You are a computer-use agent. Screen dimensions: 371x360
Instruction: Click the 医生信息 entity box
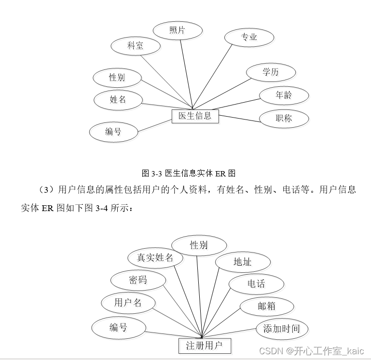point(195,116)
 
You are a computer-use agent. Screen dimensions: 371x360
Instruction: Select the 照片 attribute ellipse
point(177,30)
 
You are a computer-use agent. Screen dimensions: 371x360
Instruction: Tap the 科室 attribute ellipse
point(135,46)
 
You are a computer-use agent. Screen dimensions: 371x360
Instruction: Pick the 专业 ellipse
point(249,37)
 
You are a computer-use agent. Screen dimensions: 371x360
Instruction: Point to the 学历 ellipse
point(270,72)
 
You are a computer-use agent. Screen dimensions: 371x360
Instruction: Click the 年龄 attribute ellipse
point(283,95)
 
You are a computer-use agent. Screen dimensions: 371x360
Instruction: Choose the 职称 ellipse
point(284,118)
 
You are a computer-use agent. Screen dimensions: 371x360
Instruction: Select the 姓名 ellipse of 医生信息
point(118,100)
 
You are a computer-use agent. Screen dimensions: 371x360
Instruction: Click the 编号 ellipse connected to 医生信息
point(113,131)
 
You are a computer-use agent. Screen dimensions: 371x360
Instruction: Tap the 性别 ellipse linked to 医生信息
point(117,77)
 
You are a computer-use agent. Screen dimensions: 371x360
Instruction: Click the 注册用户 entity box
point(204,345)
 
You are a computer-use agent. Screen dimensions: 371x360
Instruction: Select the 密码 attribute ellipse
point(137,280)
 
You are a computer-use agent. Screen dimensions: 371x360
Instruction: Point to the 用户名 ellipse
point(128,303)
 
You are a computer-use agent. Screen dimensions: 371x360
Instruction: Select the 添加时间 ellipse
point(281,329)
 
